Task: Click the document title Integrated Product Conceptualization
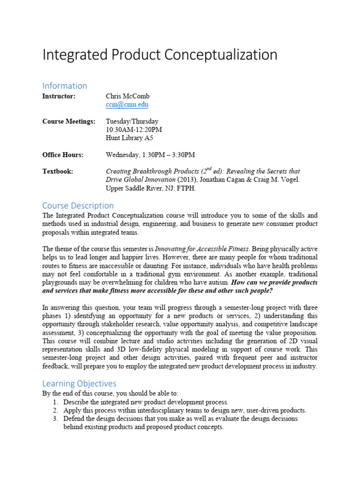[x=160, y=55]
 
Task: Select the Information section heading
[x=65, y=86]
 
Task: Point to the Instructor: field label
[x=59, y=96]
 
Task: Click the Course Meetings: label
[x=68, y=121]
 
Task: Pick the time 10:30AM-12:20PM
[x=134, y=130]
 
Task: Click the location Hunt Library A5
[x=129, y=138]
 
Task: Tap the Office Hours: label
[x=63, y=155]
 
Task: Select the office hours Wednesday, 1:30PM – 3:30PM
[x=150, y=155]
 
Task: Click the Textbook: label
[x=58, y=172]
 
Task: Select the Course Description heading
[x=78, y=205]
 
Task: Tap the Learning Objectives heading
[x=79, y=383]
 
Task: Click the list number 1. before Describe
[x=55, y=402]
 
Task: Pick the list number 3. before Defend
[x=55, y=419]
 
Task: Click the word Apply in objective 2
[x=72, y=411]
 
